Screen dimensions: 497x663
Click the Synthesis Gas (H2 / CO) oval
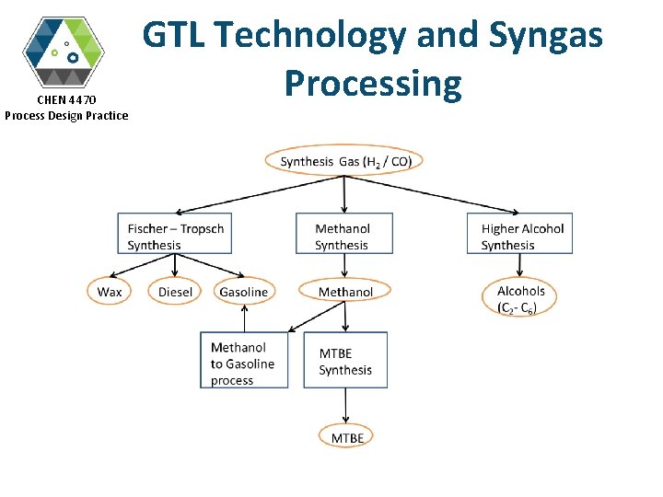pyautogui.click(x=344, y=161)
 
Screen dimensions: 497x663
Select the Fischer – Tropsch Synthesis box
pyautogui.click(x=175, y=235)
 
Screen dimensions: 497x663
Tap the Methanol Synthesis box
pyautogui.click(x=343, y=235)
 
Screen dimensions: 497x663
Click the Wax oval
pyautogui.click(x=110, y=292)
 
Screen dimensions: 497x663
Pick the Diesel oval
pyautogui.click(x=175, y=292)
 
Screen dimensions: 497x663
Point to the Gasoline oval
pyautogui.click(x=243, y=292)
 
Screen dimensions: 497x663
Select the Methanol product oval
pyautogui.click(x=345, y=292)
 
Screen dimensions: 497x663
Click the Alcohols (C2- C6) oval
pyautogui.click(x=521, y=299)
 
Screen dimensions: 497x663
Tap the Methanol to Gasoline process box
pyautogui.click(x=244, y=363)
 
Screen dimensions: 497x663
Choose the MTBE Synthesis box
pyautogui.click(x=345, y=361)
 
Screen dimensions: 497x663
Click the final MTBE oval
pyautogui.click(x=347, y=437)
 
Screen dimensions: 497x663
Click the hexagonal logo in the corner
pyautogui.click(x=64, y=51)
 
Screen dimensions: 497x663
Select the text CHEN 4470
pyautogui.click(x=65, y=98)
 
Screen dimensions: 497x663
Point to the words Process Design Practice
pyautogui.click(x=66, y=115)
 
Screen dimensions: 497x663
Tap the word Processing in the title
pyautogui.click(x=372, y=83)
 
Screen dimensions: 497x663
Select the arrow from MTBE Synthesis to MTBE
pyautogui.click(x=346, y=406)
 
